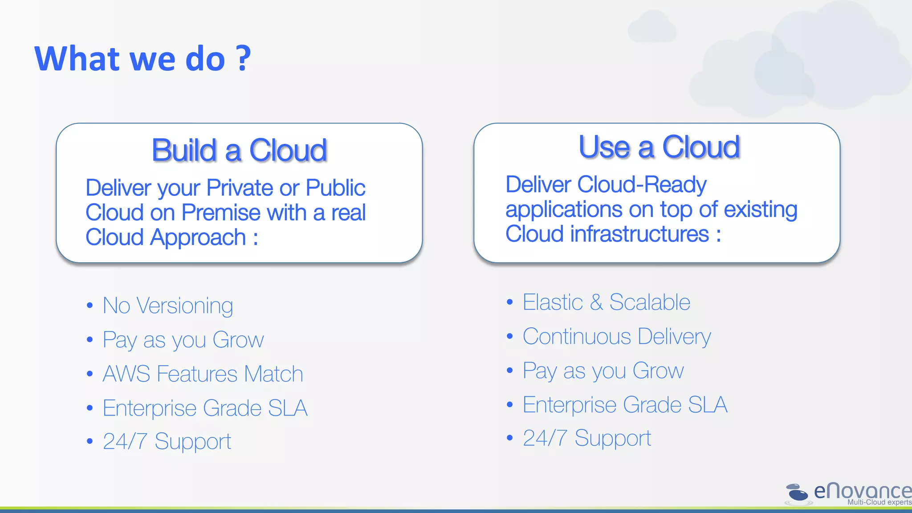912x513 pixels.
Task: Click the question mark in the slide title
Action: (243, 58)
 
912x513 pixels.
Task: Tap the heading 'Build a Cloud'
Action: (239, 150)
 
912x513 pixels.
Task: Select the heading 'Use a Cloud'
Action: (659, 147)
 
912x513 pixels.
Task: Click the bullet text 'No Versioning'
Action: (168, 306)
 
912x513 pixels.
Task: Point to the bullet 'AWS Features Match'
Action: (203, 374)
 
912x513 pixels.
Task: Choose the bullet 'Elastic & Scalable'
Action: (606, 302)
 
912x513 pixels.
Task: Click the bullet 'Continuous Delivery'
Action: (617, 337)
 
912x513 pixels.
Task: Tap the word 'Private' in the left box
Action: (239, 188)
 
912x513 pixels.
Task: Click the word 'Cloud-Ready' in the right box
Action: (641, 184)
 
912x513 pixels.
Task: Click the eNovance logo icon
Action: (797, 493)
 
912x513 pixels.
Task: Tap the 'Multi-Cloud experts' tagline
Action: (879, 502)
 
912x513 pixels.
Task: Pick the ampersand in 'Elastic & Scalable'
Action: (596, 302)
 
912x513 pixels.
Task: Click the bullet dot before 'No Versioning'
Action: (90, 305)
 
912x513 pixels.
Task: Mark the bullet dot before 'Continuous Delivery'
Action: (510, 336)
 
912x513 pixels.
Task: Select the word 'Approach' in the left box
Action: (198, 237)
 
